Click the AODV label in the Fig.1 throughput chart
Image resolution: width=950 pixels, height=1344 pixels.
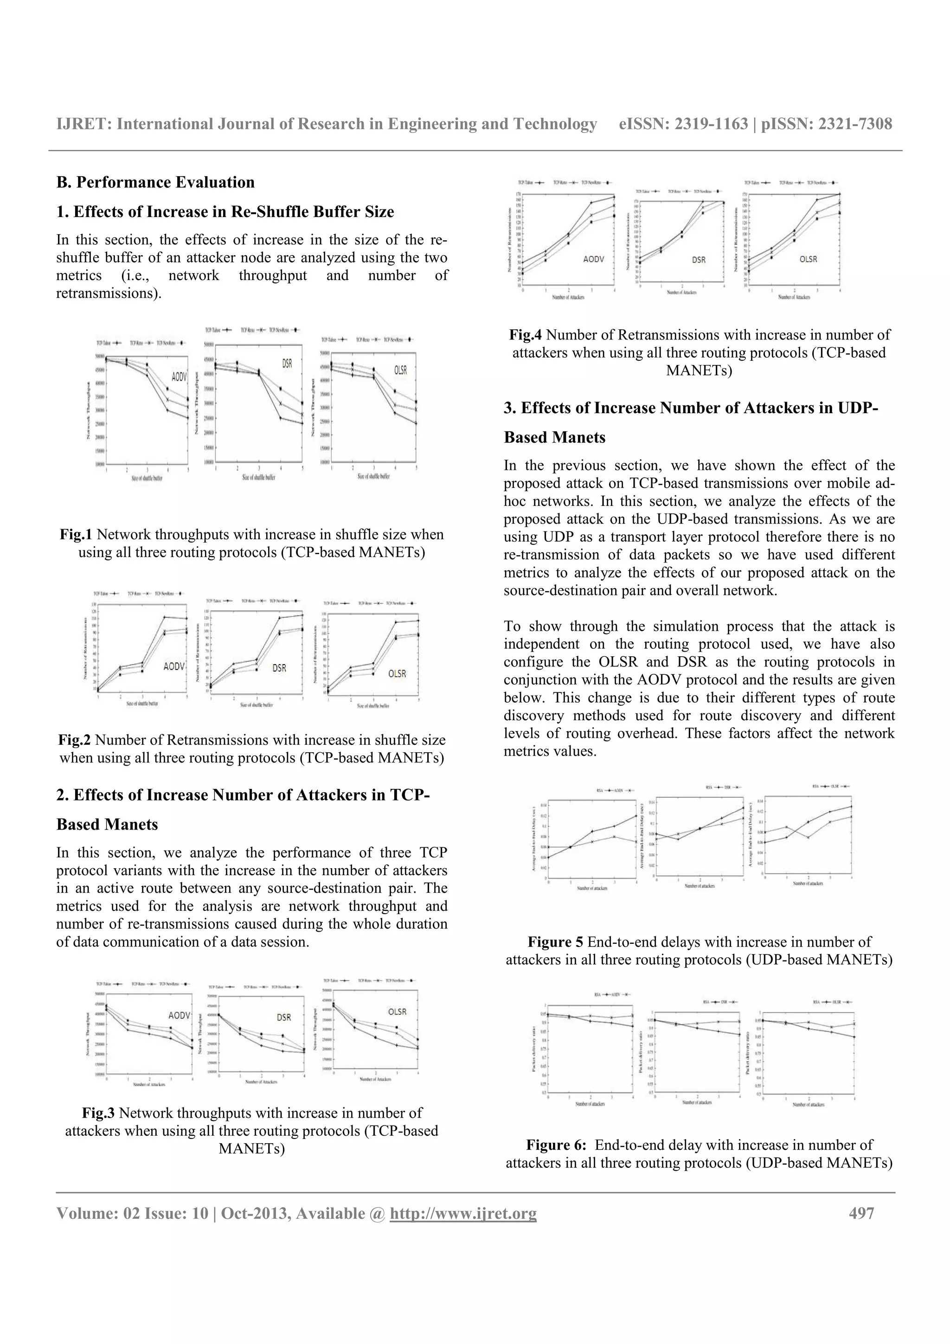coord(179,377)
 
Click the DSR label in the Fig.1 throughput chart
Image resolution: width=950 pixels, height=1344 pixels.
coord(287,364)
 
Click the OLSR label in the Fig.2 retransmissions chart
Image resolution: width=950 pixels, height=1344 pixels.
coord(397,674)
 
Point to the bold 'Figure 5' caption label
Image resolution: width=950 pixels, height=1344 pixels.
coord(555,942)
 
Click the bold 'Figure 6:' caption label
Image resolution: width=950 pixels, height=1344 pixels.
coord(556,1145)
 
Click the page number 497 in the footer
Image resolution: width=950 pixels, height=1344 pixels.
coord(861,1213)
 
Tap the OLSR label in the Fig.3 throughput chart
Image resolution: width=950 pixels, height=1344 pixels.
coord(397,1011)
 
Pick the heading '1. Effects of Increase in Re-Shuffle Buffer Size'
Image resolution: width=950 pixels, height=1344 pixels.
coord(225,211)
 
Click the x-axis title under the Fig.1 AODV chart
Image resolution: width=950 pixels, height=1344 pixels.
coord(146,478)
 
